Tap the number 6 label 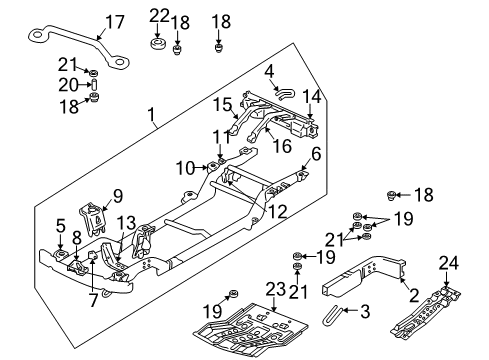[x=316, y=154]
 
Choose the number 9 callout [x=116, y=196]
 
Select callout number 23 [x=276, y=291]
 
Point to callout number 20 [x=67, y=84]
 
